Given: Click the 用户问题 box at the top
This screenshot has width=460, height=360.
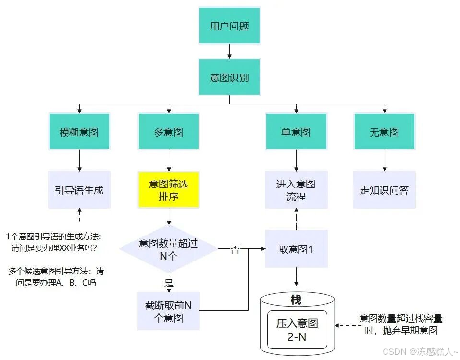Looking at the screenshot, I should [x=229, y=26].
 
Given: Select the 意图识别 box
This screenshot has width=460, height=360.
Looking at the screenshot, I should [x=229, y=77].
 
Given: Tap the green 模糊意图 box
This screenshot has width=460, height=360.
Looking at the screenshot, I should [x=79, y=132].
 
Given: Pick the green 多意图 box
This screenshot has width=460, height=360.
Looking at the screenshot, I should [x=168, y=132].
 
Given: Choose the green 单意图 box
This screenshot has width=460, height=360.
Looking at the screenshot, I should [x=296, y=132].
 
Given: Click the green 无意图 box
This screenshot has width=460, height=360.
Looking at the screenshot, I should [x=384, y=132].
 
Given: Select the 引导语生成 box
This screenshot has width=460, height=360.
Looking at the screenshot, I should [x=79, y=189].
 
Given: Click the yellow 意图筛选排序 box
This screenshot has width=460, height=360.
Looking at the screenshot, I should [x=168, y=189].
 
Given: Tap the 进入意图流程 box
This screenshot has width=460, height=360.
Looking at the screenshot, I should [x=296, y=189].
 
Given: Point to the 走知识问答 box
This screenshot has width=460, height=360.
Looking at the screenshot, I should [x=384, y=189].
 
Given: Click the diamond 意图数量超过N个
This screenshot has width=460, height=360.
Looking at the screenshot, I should [x=168, y=249].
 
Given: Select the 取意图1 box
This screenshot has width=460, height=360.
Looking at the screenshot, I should [x=296, y=249].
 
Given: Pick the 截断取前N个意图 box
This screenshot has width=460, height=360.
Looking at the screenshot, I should [x=168, y=311].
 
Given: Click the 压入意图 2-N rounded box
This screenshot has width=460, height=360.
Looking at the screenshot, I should [x=297, y=330].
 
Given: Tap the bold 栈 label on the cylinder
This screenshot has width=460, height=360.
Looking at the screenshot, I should [x=296, y=300].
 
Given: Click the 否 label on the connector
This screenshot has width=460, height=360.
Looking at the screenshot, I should [x=235, y=249].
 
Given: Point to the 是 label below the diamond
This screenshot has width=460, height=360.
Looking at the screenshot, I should [x=169, y=283].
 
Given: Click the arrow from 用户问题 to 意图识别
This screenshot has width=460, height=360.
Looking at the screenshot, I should [x=229, y=51].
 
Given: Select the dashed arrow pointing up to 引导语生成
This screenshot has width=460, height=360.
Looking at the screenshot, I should [x=79, y=215].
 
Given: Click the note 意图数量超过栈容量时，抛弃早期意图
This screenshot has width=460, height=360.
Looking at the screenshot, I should [x=400, y=324].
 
